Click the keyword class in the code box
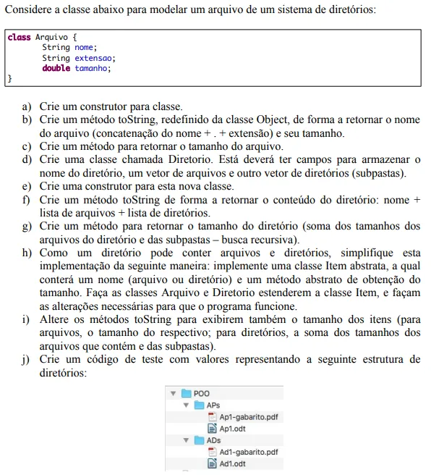20,37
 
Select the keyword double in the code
56,68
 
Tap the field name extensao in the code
95,58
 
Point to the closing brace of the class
10,78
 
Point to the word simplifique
352,253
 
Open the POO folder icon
186,394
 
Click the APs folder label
213,405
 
